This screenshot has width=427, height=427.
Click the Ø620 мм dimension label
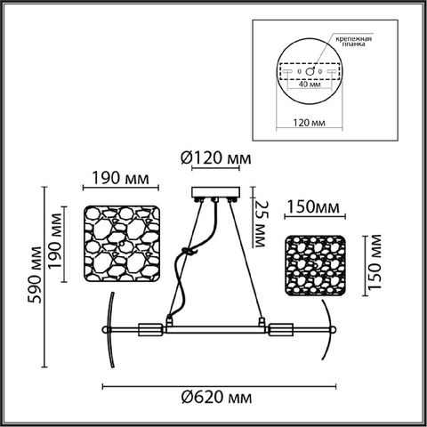click(217, 397)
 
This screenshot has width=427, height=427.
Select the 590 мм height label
click(35, 275)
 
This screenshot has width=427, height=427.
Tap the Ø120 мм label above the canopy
click(216, 158)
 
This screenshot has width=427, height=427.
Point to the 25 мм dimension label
click(259, 224)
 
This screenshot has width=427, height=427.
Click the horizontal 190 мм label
click(120, 178)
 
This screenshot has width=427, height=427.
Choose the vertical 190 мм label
click(56, 241)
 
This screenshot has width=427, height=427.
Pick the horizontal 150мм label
click(313, 207)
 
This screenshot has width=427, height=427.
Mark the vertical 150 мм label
click(374, 262)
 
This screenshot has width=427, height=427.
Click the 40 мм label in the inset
click(310, 85)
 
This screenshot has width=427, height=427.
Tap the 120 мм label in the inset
click(309, 123)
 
